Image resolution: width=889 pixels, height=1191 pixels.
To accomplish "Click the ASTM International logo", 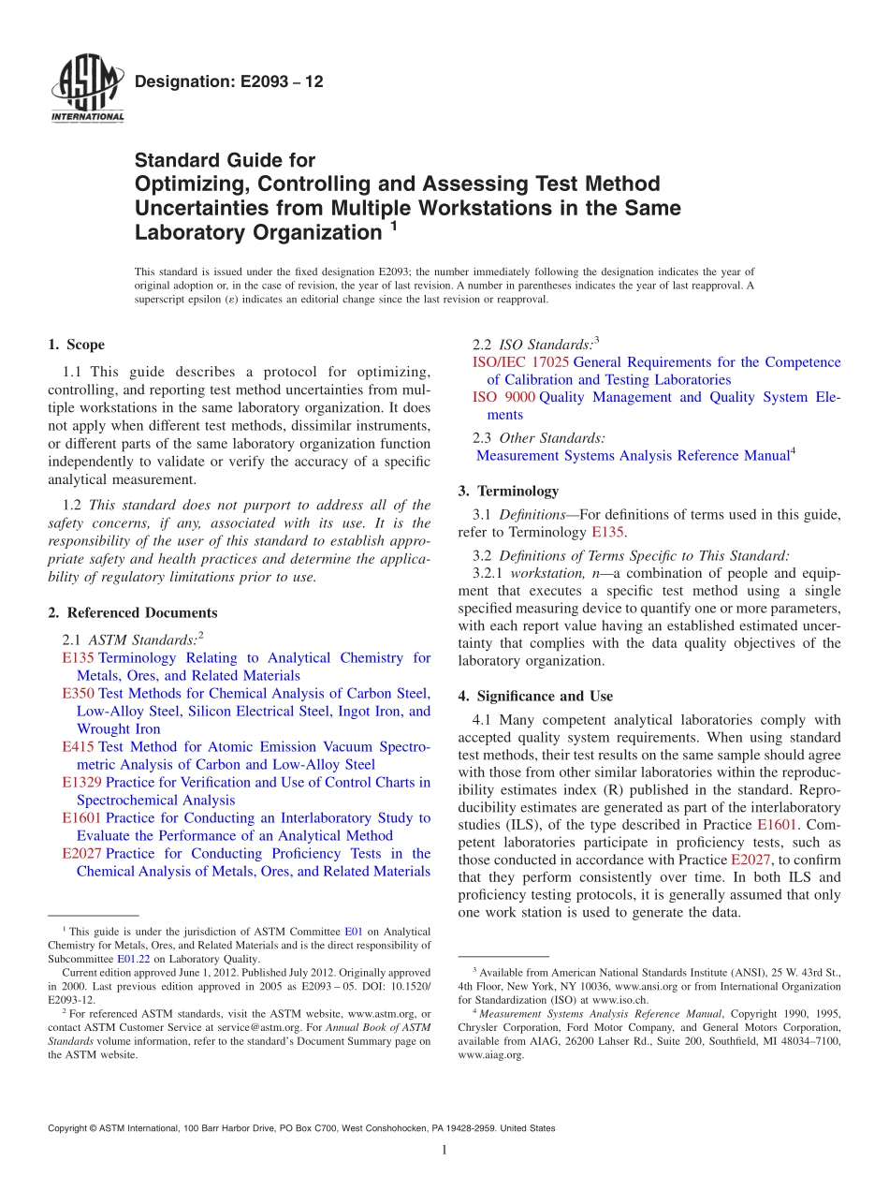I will click(86, 90).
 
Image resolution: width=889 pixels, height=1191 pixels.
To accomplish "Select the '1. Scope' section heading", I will click(77, 345).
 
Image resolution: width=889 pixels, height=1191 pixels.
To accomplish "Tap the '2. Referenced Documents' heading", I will click(133, 612).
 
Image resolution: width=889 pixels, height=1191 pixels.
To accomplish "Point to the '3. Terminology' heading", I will click(508, 491).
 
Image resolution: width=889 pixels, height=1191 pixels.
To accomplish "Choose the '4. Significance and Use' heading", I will click(535, 696).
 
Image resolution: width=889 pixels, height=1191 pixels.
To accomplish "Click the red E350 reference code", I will click(78, 693).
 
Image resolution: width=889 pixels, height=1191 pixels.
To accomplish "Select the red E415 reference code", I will click(78, 746).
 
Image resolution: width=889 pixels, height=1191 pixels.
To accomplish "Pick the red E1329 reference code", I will click(81, 782).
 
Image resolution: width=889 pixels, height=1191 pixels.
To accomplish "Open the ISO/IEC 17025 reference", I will click(520, 361).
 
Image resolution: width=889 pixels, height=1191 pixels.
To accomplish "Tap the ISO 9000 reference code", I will click(503, 397).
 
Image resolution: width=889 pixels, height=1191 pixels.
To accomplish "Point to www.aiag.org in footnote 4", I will click(490, 1054).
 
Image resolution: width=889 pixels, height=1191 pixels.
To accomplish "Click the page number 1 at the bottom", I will click(444, 1151).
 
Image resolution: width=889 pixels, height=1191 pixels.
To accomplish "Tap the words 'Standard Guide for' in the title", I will click(225, 160).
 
